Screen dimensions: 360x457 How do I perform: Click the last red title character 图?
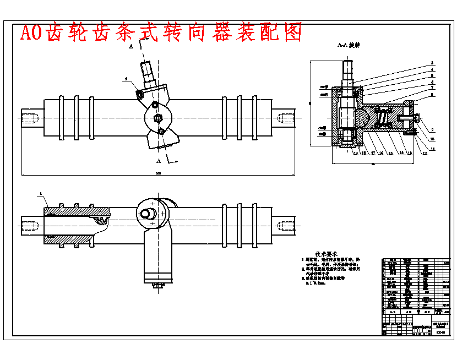tap(293, 32)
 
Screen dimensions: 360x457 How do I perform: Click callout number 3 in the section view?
tap(432, 63)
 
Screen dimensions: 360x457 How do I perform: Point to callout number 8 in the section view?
tap(432, 95)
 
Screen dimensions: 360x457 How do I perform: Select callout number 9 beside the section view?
tap(432, 130)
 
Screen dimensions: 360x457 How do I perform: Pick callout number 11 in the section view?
tap(432, 149)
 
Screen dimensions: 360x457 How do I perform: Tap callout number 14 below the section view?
tap(400, 154)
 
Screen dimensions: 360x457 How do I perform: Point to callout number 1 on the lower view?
tap(40, 194)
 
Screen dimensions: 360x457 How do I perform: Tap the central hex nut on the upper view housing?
tap(158, 117)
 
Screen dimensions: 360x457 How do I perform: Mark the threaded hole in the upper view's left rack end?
tap(31, 118)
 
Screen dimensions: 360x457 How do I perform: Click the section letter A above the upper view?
tap(131, 48)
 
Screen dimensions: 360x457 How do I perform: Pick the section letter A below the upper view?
tap(159, 161)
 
